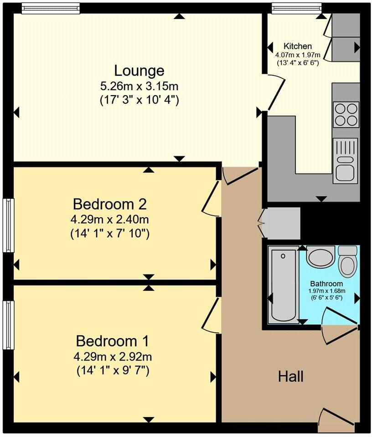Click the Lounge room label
pos(139,71)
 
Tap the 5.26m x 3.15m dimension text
pos(139,86)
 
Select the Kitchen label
pos(298,46)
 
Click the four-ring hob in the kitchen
pos(346,114)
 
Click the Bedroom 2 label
pos(109,203)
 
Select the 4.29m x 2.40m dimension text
pos(109,220)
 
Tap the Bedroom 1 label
pos(112,340)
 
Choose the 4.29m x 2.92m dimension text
pos(113,357)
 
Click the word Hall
pos(291,376)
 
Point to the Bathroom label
pos(327,284)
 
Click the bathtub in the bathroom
pos(283,285)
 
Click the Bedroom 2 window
pos(8,225)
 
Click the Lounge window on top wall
pos(50,7)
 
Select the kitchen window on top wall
pos(296,7)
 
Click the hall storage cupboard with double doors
pos(282,223)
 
